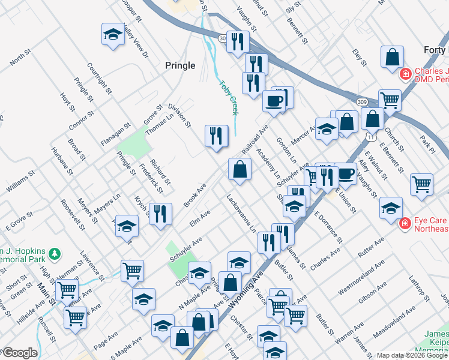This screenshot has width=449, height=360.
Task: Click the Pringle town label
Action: click(180, 65)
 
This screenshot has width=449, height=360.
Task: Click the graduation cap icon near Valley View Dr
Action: click(113, 35)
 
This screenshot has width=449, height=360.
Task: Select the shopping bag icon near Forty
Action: click(391, 58)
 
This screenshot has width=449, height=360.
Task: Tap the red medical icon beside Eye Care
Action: click(406, 223)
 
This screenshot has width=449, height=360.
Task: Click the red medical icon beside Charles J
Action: click(406, 74)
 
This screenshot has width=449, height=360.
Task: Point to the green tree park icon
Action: click(55, 254)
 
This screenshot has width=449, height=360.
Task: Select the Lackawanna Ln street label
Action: click(242, 213)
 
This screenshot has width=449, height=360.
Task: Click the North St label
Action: click(20, 59)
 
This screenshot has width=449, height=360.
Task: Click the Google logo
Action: click(19, 353)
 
